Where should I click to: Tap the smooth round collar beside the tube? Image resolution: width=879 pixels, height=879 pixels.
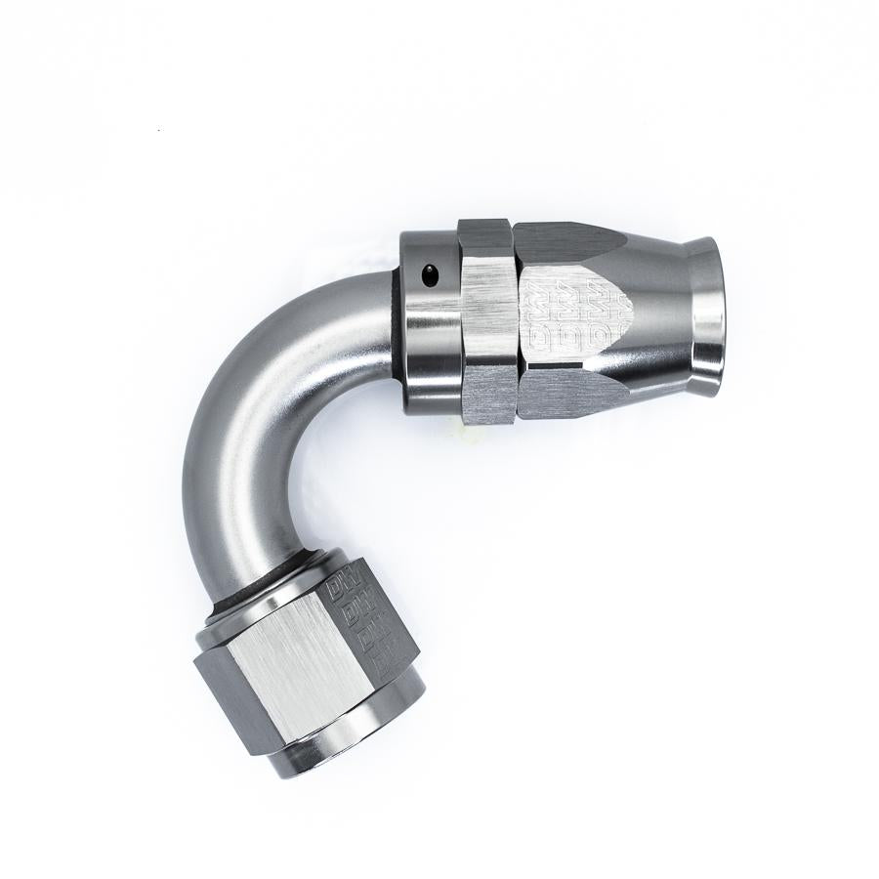(430, 332)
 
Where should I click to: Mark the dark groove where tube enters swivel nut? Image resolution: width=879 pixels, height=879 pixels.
(264, 571)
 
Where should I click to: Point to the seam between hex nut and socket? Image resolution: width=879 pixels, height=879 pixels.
(516, 313)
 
